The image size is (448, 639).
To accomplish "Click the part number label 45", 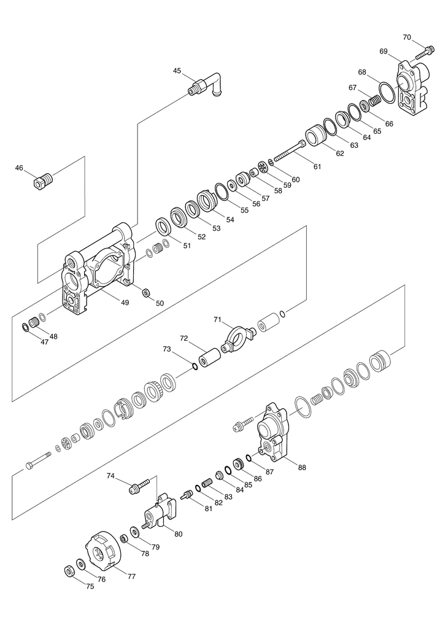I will click(177, 71).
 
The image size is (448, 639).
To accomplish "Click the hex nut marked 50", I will click(147, 292).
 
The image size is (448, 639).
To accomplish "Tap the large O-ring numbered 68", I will click(386, 91).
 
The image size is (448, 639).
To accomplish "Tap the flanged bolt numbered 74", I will click(138, 486).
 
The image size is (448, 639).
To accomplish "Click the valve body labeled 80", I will click(161, 513).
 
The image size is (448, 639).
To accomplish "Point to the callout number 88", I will click(302, 468).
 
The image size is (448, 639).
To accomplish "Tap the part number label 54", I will click(231, 219).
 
